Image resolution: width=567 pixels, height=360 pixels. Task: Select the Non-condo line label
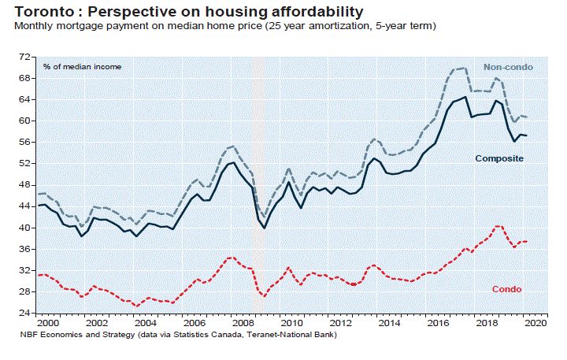(508, 68)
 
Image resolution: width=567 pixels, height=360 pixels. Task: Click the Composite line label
(499, 158)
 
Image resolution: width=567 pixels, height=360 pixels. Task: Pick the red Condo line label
(506, 289)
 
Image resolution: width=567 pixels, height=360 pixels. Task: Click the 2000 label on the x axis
(48, 323)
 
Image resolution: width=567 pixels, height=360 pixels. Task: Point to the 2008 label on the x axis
(243, 323)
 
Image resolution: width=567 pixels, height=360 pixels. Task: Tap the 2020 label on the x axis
(535, 323)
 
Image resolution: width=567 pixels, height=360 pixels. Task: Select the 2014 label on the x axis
(388, 323)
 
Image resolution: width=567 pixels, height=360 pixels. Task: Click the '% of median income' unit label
(83, 66)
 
